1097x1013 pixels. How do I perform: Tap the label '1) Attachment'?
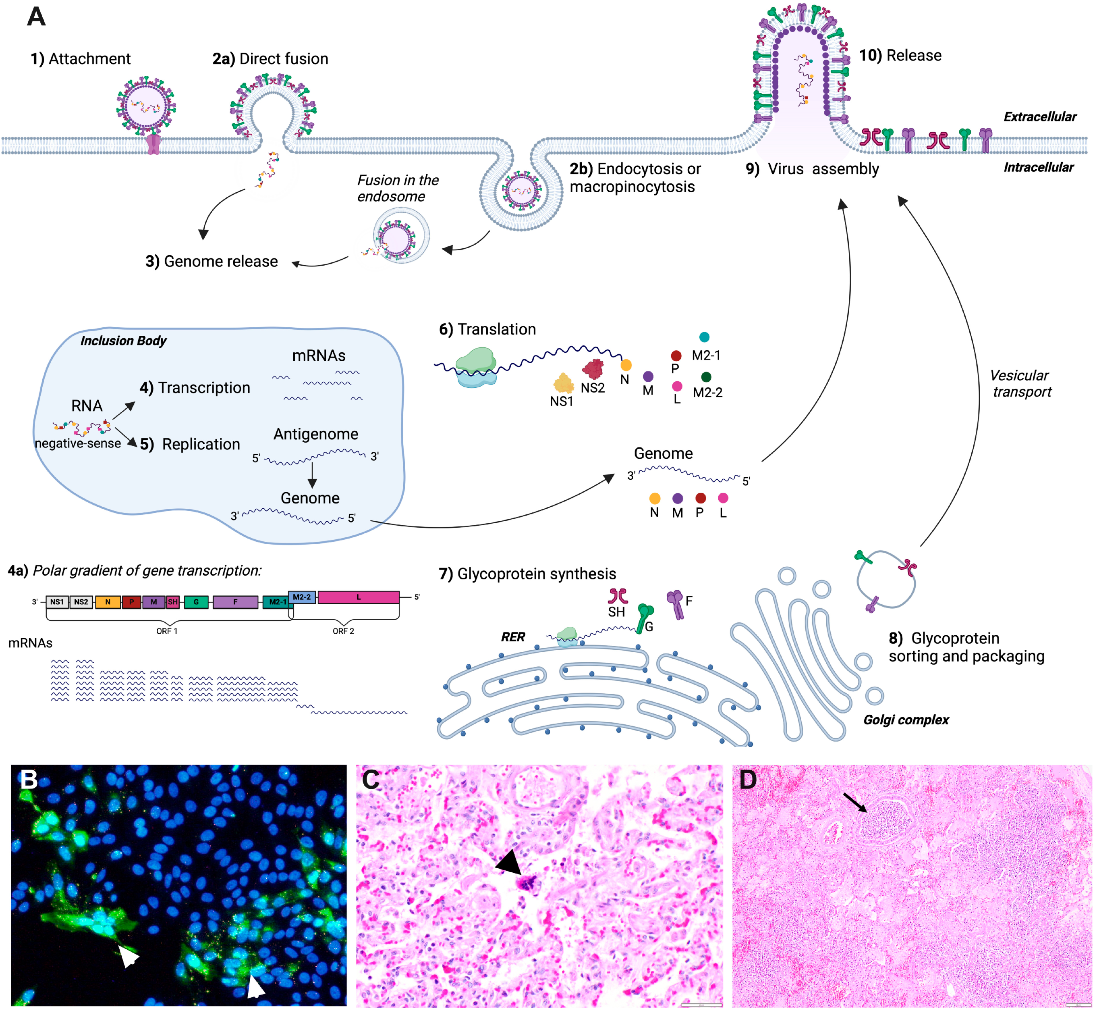[81, 59]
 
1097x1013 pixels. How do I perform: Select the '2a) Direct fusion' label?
[270, 59]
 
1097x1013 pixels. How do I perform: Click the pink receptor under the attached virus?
[154, 144]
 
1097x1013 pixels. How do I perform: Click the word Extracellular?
[1039, 117]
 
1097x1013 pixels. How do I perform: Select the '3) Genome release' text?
[212, 262]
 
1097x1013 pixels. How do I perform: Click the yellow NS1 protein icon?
[563, 383]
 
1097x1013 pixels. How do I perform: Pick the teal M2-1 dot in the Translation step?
[704, 337]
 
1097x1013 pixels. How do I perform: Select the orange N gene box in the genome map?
[108, 602]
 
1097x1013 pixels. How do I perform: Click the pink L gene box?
[359, 597]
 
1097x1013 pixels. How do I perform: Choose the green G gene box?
[196, 602]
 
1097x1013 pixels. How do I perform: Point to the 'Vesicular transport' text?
[1021, 383]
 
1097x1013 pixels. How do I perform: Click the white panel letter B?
[29, 779]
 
